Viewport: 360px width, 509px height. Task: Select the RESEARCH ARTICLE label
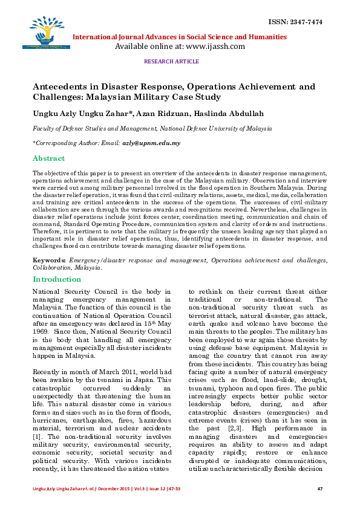pos(171,62)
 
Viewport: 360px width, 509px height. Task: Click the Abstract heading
pos(48,158)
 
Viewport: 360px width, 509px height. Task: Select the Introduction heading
pos(56,279)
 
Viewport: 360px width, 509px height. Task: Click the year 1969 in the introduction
pos(40,332)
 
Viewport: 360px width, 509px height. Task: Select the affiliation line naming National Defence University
pos(152,129)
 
